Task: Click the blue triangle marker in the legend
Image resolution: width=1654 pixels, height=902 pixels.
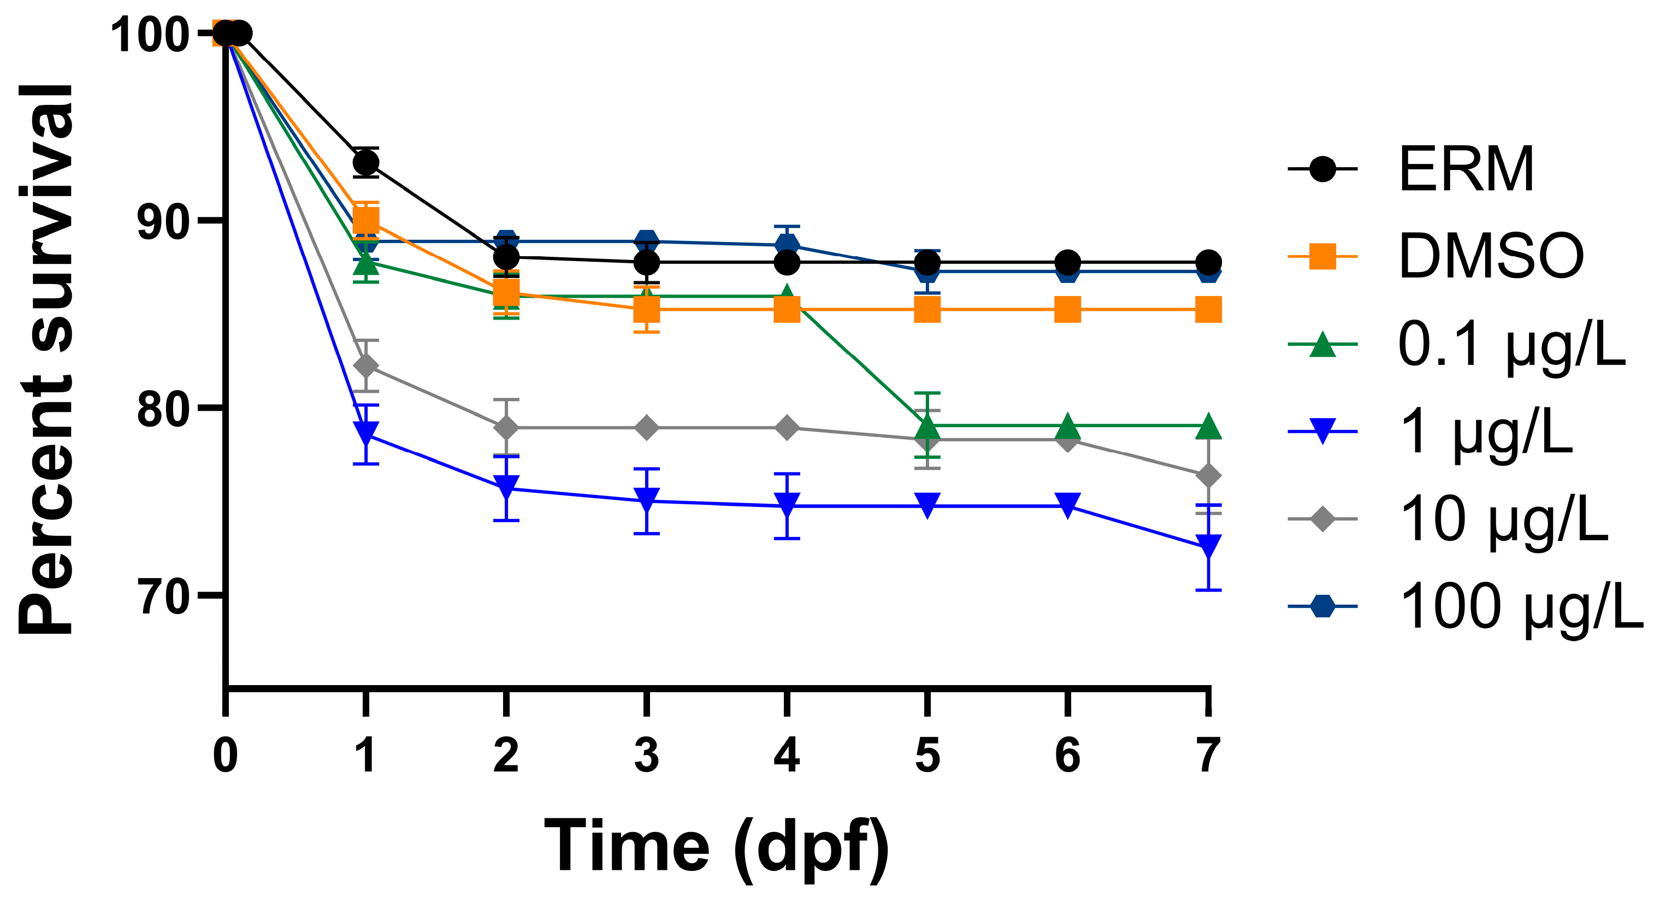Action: tap(1322, 432)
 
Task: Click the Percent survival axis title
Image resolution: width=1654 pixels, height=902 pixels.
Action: tap(46, 359)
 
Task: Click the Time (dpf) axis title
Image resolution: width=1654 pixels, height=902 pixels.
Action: tap(716, 846)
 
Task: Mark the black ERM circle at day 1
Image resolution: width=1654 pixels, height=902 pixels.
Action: tap(366, 162)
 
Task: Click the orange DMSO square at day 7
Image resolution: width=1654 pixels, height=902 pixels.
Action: tap(1208, 309)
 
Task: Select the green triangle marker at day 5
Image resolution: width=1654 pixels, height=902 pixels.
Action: tap(927, 425)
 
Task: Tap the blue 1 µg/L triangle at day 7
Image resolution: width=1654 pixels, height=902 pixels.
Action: tap(1208, 546)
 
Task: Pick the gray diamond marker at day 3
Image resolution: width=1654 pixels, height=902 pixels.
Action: tap(647, 428)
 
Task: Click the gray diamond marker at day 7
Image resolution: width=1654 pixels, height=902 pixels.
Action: tap(1208, 476)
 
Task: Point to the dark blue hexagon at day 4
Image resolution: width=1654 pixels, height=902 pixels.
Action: tap(787, 245)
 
